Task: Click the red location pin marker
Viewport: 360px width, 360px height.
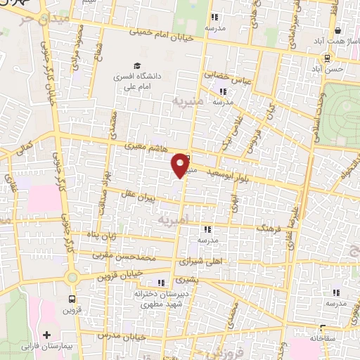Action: point(181,165)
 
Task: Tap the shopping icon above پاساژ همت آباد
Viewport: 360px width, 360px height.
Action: point(339,31)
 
